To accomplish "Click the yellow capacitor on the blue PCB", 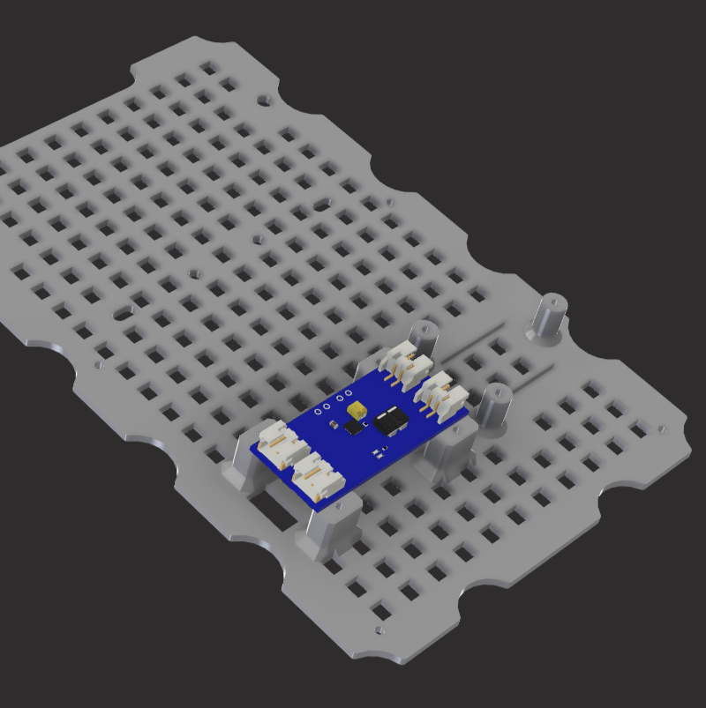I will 357,410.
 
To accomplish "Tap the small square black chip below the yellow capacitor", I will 354,428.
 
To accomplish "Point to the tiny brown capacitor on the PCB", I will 332,425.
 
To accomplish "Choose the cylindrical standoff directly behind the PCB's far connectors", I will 426,338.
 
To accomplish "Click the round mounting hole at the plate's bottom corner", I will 379,630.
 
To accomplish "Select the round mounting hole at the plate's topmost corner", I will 262,100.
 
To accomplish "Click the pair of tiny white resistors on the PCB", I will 379,454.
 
